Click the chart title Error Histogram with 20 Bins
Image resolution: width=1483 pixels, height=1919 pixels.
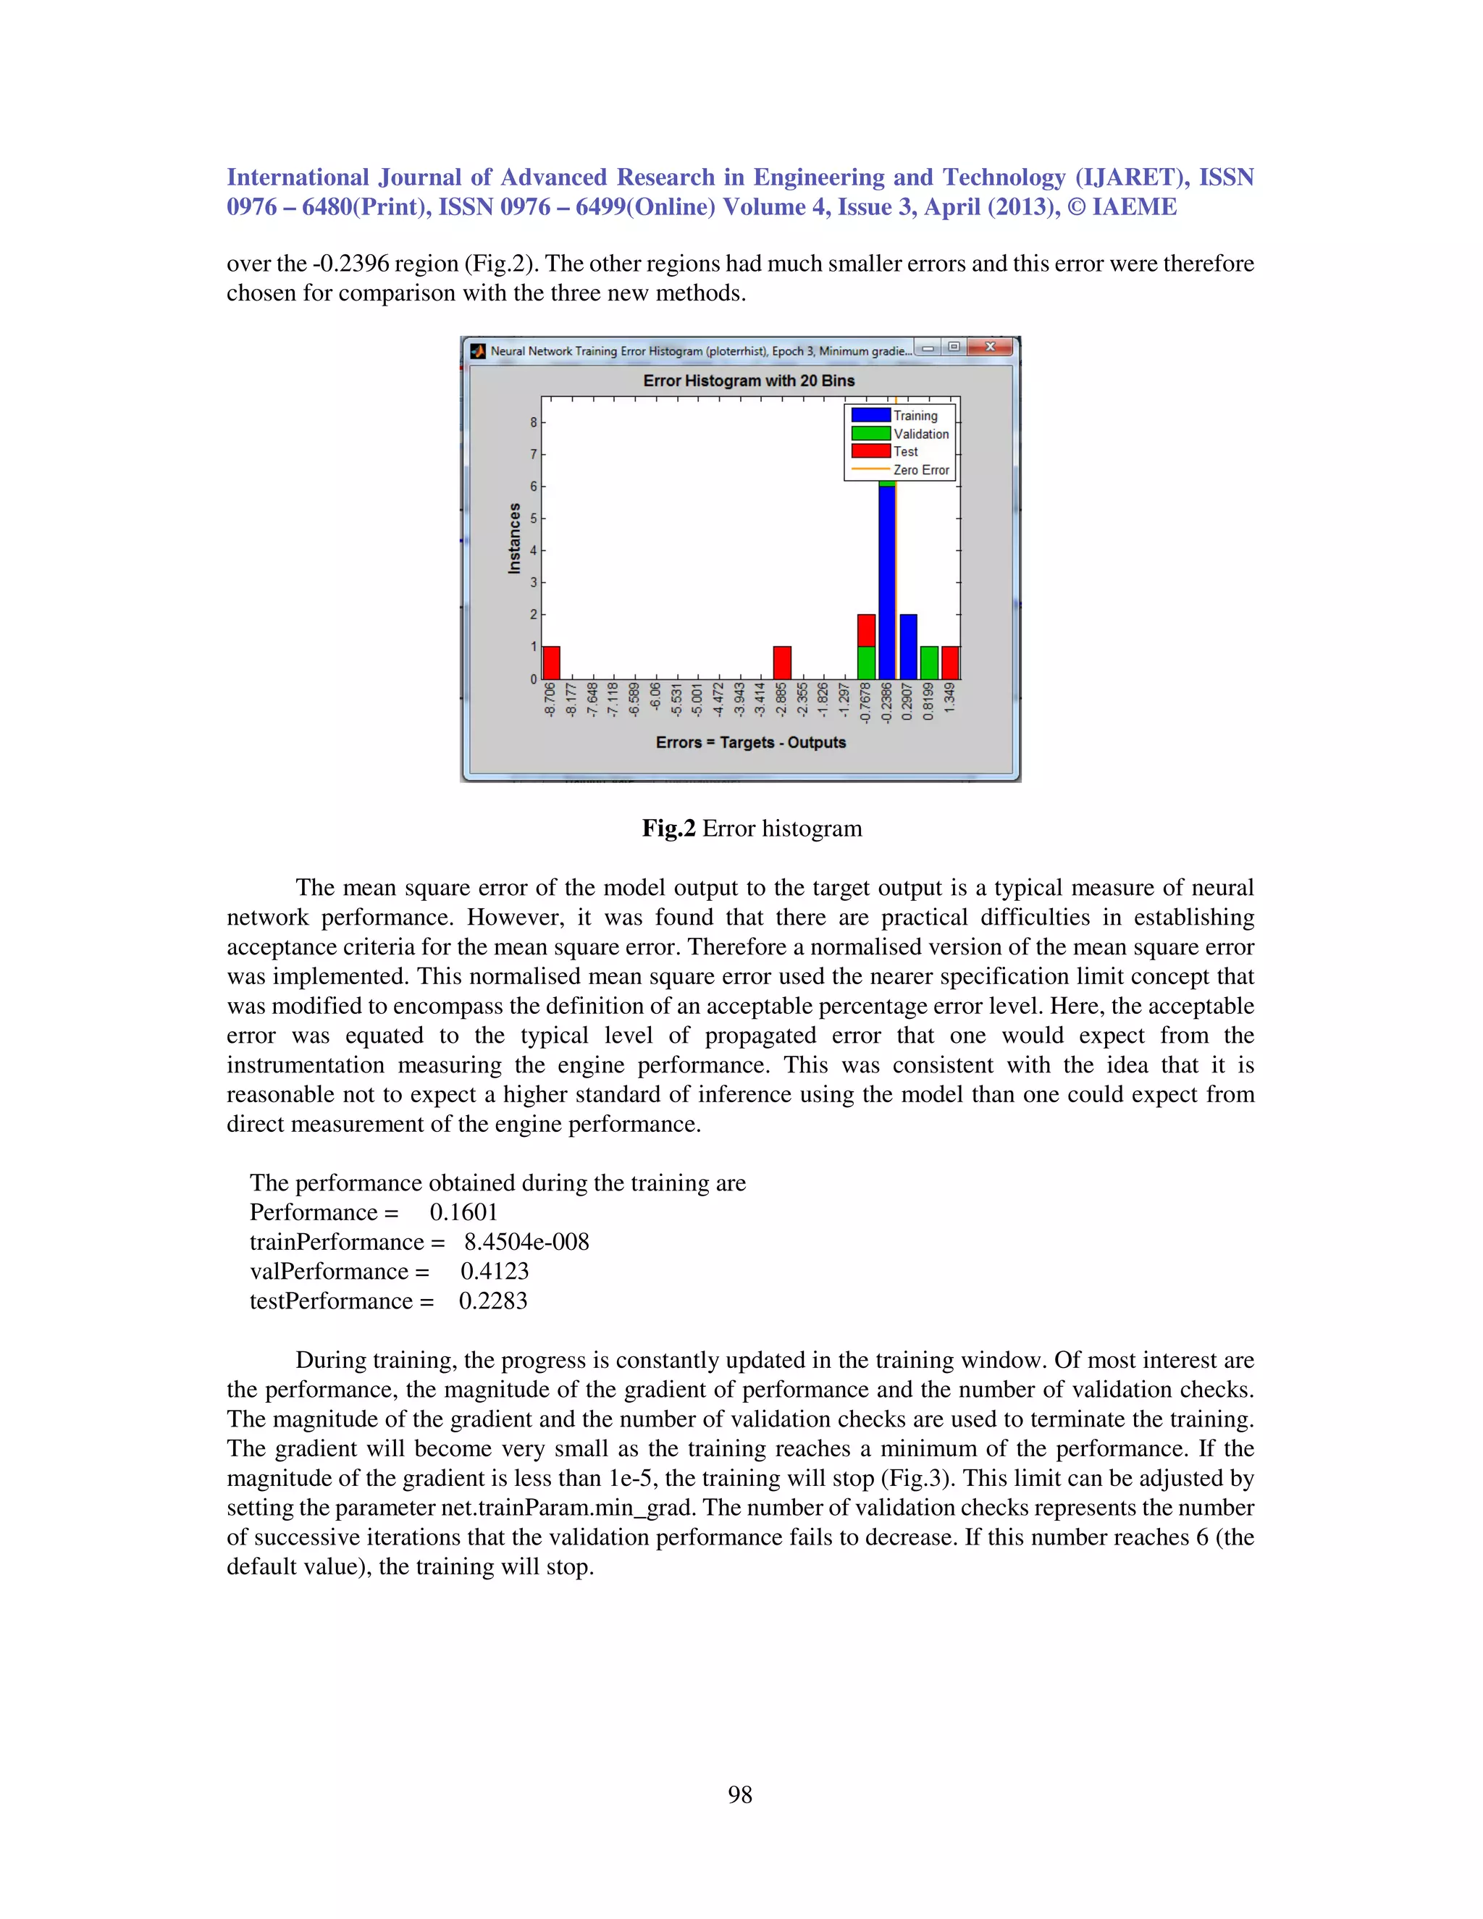(749, 380)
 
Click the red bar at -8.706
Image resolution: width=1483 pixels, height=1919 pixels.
(551, 663)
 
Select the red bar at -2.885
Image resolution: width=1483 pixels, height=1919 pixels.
(782, 663)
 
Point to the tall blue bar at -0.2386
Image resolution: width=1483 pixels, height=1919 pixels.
(887, 580)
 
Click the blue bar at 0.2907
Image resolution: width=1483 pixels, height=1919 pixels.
(909, 647)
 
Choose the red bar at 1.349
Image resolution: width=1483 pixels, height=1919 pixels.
(950, 663)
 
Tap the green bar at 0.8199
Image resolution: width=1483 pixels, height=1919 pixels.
(928, 663)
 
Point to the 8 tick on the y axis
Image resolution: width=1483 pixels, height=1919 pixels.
(533, 423)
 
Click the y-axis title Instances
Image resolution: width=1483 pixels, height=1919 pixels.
(515, 539)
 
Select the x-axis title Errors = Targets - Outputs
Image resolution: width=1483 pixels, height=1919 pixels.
(750, 742)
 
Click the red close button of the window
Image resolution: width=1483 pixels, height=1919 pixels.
(990, 347)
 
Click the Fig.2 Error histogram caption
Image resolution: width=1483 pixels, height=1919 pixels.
(752, 828)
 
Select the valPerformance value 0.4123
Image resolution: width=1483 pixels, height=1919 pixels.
(495, 1272)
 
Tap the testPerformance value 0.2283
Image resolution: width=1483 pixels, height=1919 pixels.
(493, 1301)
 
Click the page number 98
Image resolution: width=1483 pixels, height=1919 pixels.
(740, 1794)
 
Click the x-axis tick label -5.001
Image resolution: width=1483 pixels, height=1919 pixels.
(697, 700)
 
